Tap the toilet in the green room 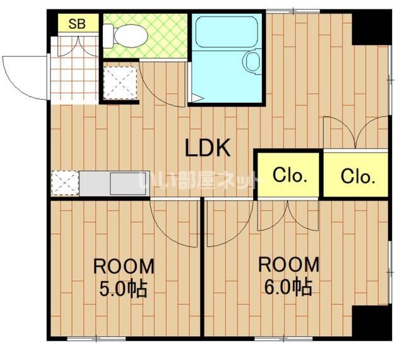(x=125, y=36)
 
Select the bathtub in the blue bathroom (x=227, y=32)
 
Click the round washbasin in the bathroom (x=252, y=62)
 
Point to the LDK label (x=208, y=148)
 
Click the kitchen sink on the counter (x=129, y=183)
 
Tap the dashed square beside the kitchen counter (x=65, y=183)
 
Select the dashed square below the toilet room (x=120, y=83)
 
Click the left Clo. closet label (x=290, y=175)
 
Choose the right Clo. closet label (x=358, y=177)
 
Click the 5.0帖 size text (x=123, y=288)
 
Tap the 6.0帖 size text (x=288, y=286)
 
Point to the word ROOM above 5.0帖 (x=124, y=266)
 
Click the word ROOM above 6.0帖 (x=288, y=264)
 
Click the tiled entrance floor (x=74, y=70)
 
